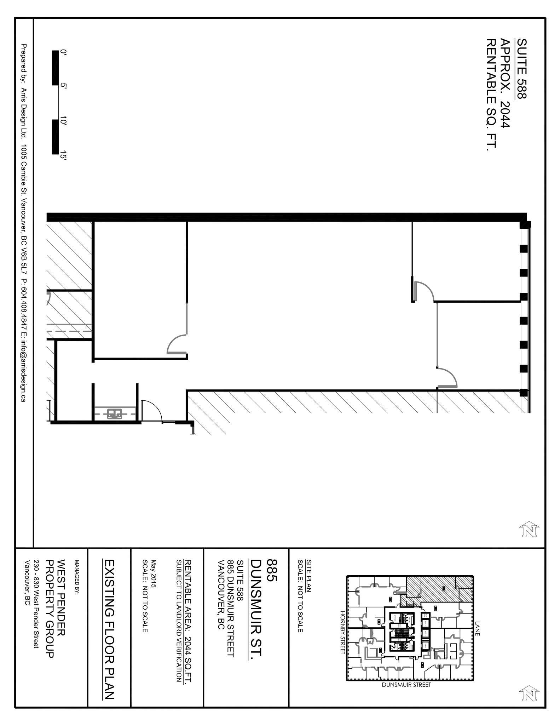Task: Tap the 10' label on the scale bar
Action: tap(63, 121)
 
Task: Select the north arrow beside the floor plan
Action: tap(529, 530)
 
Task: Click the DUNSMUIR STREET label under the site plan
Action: tap(406, 685)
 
